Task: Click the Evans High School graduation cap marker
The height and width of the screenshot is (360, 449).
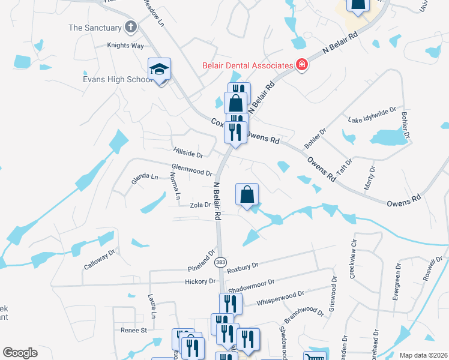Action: pos(160,70)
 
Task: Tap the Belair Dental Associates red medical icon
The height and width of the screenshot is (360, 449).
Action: pos(301,65)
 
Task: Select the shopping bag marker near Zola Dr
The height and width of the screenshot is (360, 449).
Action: pos(247,194)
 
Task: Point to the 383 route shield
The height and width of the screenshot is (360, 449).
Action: pos(221,263)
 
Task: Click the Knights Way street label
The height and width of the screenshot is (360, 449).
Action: pos(125,45)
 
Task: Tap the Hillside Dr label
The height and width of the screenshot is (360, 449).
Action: pos(188,154)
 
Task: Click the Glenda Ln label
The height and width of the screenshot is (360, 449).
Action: pos(145,177)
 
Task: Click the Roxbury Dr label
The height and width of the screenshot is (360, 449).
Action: pos(243,265)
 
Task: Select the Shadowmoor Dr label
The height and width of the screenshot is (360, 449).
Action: pos(251,283)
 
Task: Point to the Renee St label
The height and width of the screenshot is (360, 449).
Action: pos(134,330)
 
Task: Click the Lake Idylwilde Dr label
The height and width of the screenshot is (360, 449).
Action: pos(372,116)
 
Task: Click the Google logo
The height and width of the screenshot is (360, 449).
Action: pos(20,353)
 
